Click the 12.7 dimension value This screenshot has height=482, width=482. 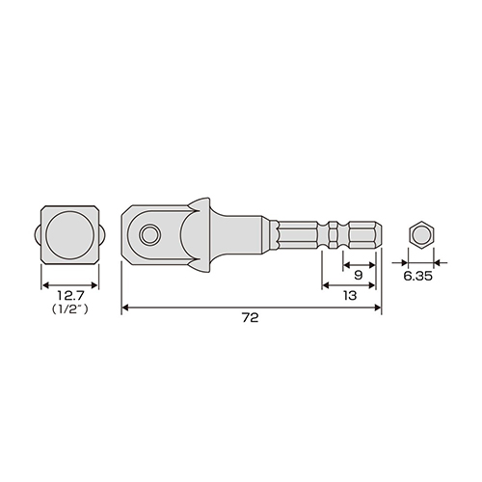coord(70,295)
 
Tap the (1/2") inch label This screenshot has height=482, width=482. coord(69,309)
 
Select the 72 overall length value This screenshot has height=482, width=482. coord(251,318)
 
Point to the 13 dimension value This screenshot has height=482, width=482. coord(350,295)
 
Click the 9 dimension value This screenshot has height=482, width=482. coord(359,275)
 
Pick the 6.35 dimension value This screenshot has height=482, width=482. coord(417,276)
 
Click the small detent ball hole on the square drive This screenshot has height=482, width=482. coord(149,235)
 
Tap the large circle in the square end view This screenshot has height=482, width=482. coord(70,235)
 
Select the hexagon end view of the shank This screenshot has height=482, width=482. coord(421,235)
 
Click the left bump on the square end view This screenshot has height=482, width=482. coord(38,235)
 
